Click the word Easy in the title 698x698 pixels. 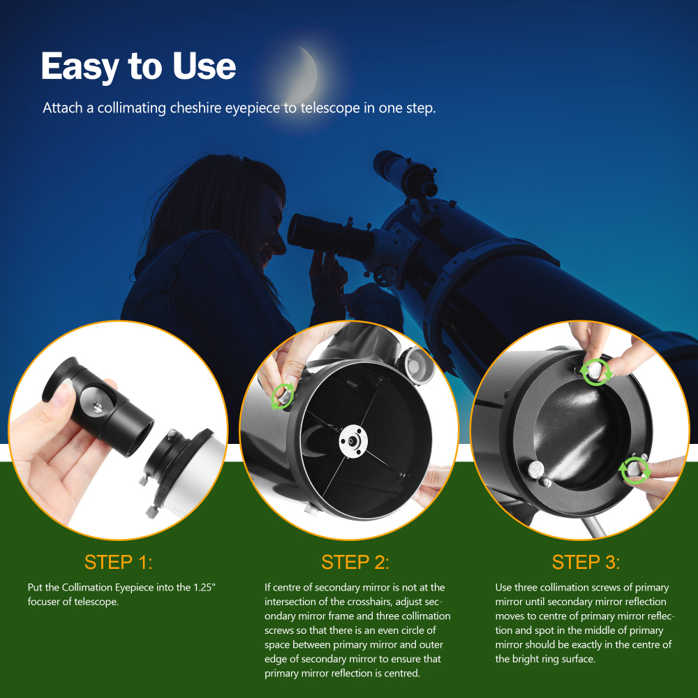pyautogui.click(x=79, y=67)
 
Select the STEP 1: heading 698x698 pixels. pyautogui.click(x=118, y=562)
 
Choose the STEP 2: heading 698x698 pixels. pyautogui.click(x=355, y=562)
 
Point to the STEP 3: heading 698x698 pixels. pyautogui.click(x=586, y=562)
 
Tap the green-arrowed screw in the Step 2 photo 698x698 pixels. pyautogui.click(x=283, y=396)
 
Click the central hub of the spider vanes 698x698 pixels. pyautogui.click(x=352, y=440)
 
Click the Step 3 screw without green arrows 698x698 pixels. pyautogui.click(x=537, y=471)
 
